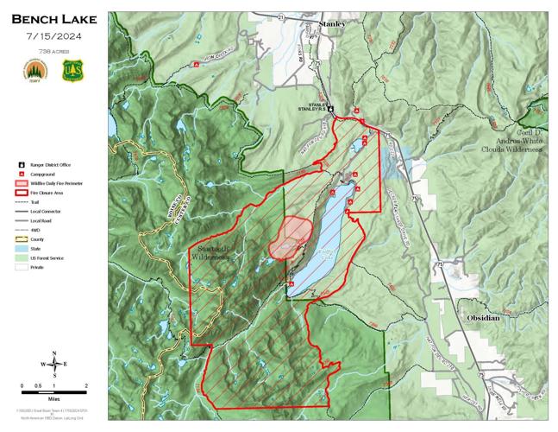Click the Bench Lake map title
[x=53, y=19]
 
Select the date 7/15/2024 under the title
[x=53, y=36]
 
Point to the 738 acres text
[x=53, y=51]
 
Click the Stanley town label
[x=332, y=24]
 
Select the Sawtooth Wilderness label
[x=209, y=252]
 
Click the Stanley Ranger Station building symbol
[x=330, y=110]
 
